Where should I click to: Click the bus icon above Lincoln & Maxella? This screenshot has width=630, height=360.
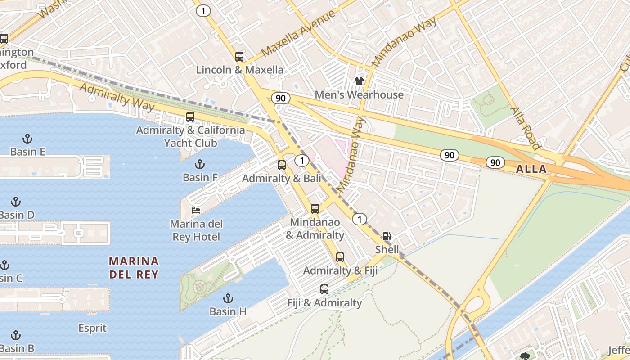(239, 57)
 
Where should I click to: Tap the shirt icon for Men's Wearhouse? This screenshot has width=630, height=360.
(359, 81)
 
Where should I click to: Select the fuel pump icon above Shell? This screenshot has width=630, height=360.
(387, 236)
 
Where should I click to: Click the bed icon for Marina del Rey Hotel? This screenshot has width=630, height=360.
(196, 210)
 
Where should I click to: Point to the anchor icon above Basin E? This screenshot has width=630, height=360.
(27, 139)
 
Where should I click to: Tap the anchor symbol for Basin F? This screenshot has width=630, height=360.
(199, 164)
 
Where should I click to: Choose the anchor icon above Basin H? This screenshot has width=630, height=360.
(228, 298)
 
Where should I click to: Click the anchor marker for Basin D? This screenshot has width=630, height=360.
(16, 202)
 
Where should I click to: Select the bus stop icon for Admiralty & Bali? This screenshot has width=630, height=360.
(282, 165)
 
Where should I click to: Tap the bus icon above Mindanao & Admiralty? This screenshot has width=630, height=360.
(315, 209)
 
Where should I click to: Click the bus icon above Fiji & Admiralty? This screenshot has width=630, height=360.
(324, 289)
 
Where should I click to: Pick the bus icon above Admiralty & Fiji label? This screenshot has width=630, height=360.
(340, 257)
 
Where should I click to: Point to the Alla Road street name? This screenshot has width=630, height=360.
(525, 128)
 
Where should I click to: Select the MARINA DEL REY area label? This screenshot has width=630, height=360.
(134, 267)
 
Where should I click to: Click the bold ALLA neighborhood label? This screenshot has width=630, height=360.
(531, 170)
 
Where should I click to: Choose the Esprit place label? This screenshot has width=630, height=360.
(93, 328)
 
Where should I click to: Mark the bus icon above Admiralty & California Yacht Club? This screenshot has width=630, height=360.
(190, 117)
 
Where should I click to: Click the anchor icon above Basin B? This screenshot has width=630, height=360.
(16, 335)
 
